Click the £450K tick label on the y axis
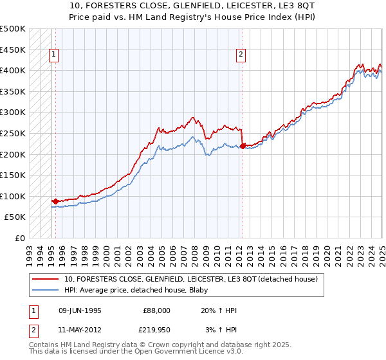(13, 50)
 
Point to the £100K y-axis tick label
(13, 196)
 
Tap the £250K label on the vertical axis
(13, 133)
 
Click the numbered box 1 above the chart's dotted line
(55, 55)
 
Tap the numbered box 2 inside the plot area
(241, 55)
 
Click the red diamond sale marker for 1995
(55, 201)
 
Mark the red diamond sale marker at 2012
(242, 146)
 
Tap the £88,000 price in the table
(156, 310)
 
